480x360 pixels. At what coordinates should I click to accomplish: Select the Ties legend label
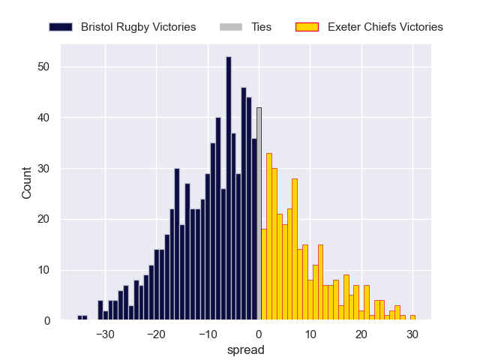click(258, 27)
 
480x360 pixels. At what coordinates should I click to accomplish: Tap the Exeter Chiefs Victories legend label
click(385, 27)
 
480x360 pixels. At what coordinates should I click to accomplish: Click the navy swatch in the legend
click(61, 27)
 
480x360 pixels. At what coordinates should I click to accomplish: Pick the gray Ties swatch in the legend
click(230, 27)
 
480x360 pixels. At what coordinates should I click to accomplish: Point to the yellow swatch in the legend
click(307, 27)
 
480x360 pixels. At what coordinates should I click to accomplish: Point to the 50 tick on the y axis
click(44, 67)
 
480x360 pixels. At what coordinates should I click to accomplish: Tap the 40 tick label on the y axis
click(44, 118)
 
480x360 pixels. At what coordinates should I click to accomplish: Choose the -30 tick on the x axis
click(105, 334)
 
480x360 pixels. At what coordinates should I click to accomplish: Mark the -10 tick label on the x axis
click(207, 334)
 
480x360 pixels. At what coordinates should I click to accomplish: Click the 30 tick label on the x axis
click(412, 334)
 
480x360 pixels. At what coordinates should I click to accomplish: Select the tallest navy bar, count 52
click(228, 188)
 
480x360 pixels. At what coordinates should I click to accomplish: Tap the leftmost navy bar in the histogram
click(79, 318)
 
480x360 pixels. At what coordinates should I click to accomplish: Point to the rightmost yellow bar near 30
click(412, 318)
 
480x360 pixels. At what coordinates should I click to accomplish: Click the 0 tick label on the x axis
click(259, 334)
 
